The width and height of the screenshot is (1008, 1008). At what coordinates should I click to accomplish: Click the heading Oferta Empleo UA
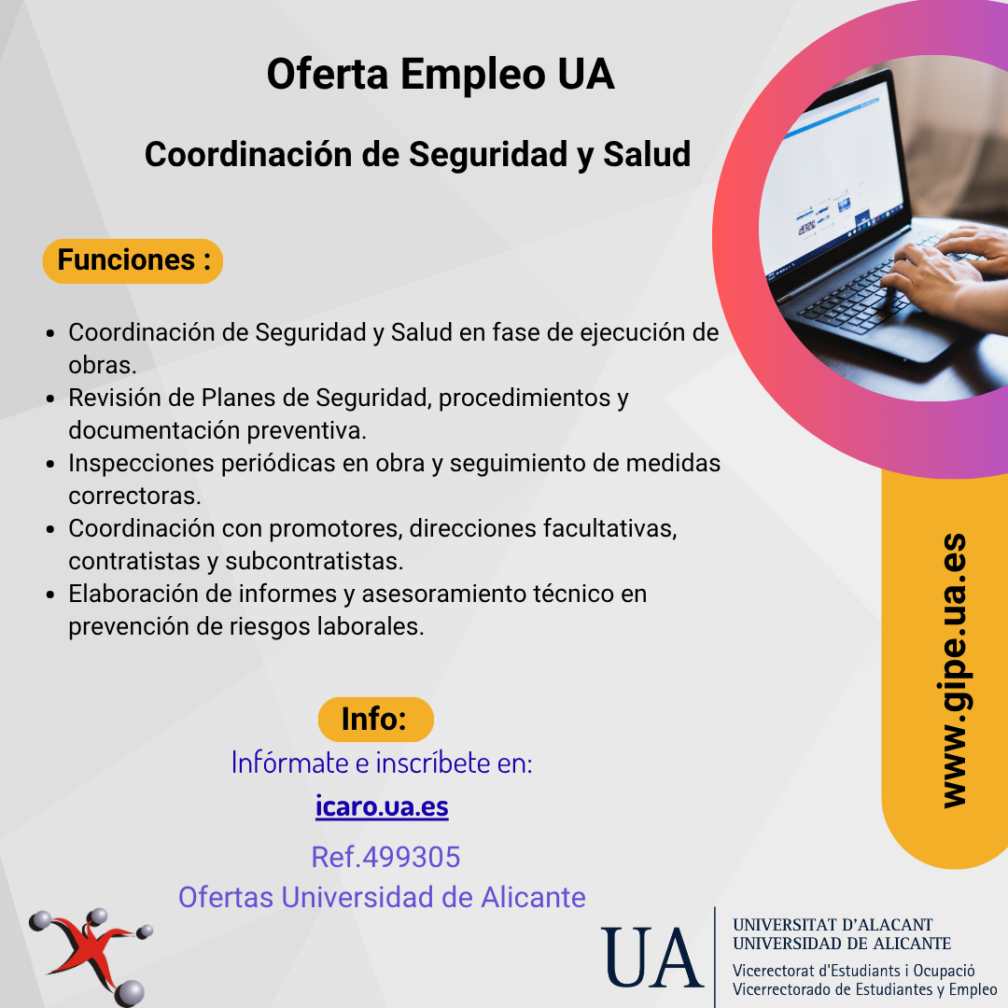pyautogui.click(x=441, y=75)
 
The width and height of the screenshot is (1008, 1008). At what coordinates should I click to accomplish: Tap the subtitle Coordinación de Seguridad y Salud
pyautogui.click(x=417, y=155)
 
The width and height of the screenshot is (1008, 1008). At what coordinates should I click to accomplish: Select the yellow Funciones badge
pyautogui.click(x=133, y=261)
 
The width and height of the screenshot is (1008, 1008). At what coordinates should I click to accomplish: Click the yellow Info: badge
pyautogui.click(x=375, y=720)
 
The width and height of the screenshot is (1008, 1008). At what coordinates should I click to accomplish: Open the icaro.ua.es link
pyautogui.click(x=382, y=806)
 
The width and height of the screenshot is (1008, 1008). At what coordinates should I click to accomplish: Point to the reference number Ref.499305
pyautogui.click(x=385, y=857)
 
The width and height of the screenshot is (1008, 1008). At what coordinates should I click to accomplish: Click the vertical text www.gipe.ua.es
pyautogui.click(x=954, y=670)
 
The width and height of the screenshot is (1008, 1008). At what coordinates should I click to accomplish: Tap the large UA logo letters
pyautogui.click(x=651, y=958)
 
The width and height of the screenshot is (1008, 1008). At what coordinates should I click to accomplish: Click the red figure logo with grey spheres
pyautogui.click(x=91, y=957)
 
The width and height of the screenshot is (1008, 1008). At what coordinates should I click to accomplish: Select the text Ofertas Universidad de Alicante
pyautogui.click(x=382, y=898)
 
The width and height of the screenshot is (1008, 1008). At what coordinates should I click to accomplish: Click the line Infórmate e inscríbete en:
pyautogui.click(x=382, y=763)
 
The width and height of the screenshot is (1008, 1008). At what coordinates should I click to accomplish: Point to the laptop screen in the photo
pyautogui.click(x=833, y=183)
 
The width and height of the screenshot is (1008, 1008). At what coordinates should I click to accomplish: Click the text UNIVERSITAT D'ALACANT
pyautogui.click(x=832, y=924)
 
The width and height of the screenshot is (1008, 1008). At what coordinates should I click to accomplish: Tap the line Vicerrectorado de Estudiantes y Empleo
pyautogui.click(x=864, y=989)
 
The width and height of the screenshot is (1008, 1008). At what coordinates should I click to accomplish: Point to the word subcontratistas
pyautogui.click(x=314, y=561)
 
